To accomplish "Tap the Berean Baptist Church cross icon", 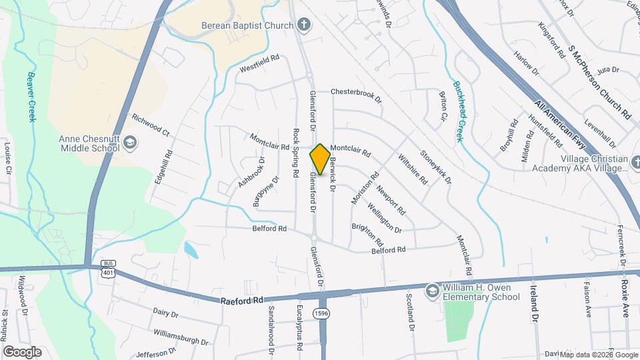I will tap(304, 26).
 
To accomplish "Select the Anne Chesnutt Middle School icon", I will tap(131, 142).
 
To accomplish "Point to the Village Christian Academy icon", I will tap(635, 159).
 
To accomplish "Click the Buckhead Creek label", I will tap(458, 111).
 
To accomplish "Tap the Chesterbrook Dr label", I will tap(356, 95).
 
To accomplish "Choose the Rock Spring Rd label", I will tap(295, 153).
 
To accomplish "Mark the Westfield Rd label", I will tap(259, 67).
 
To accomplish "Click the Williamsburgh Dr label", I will tap(181, 336).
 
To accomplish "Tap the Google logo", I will tap(22, 352).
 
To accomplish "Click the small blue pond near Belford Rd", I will tap(190, 250).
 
